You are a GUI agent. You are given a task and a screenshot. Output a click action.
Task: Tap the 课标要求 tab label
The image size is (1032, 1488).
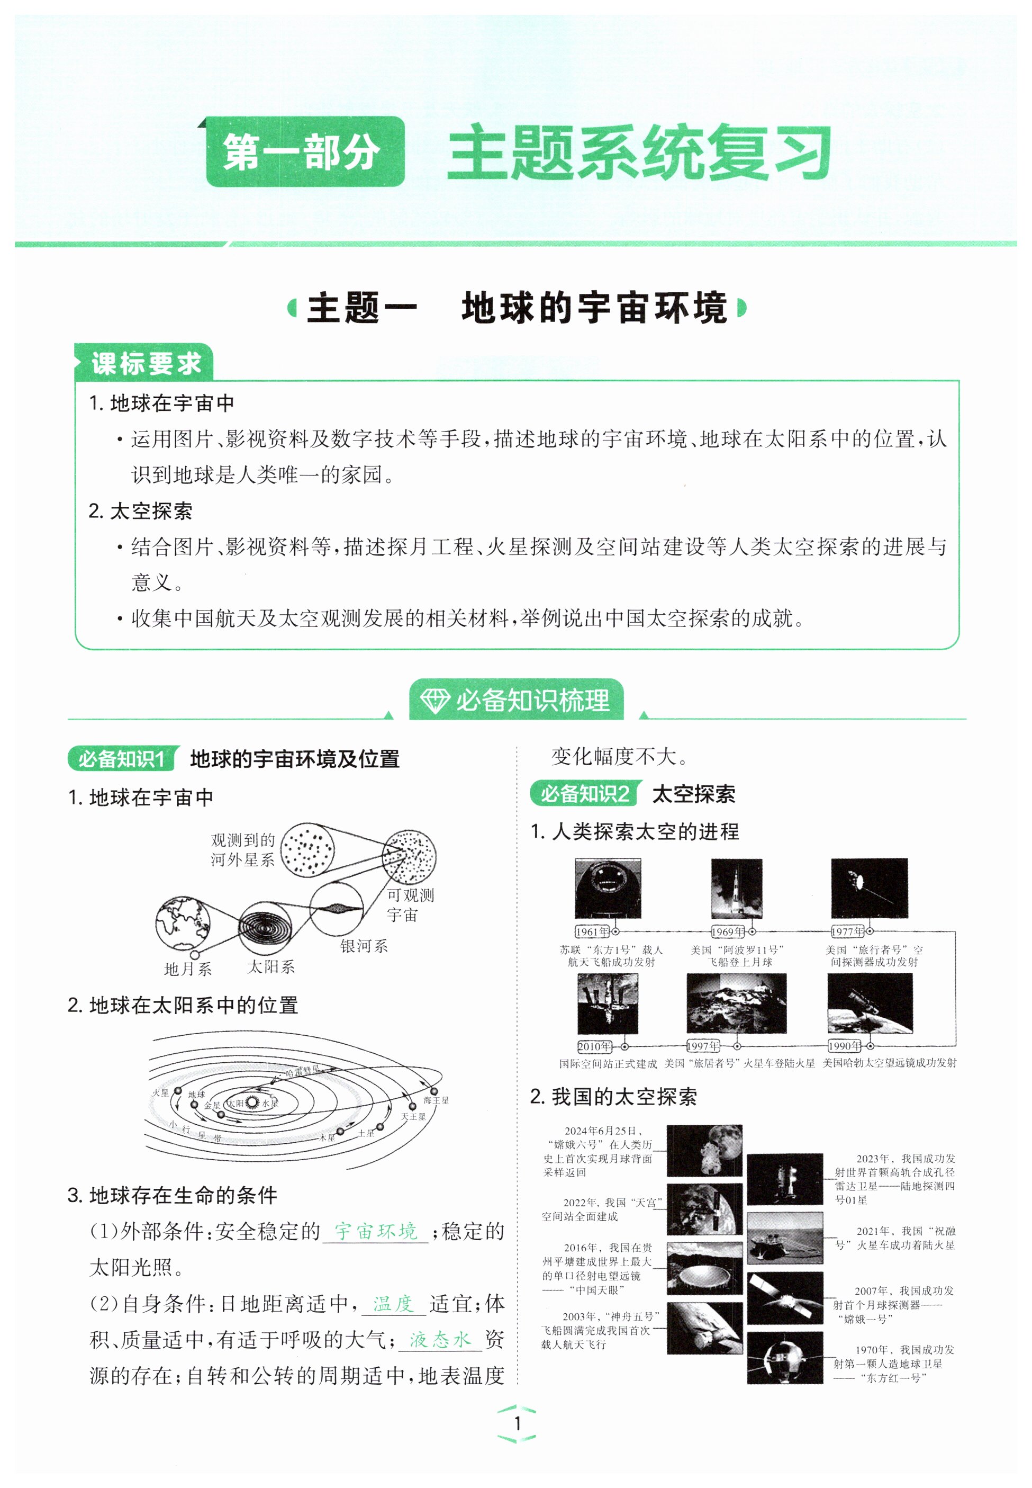pyautogui.click(x=146, y=364)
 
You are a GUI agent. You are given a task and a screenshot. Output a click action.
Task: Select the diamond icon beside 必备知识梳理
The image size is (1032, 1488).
pyautogui.click(x=434, y=700)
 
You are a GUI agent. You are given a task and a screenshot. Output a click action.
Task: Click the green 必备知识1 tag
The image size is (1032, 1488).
pyautogui.click(x=121, y=758)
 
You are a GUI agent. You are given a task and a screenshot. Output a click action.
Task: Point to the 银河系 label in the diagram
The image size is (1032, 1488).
pyautogui.click(x=364, y=946)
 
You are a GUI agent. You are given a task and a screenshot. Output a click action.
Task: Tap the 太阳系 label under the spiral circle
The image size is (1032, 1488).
pyautogui.click(x=271, y=966)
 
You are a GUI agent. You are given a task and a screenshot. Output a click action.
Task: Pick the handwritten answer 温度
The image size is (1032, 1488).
pyautogui.click(x=393, y=1303)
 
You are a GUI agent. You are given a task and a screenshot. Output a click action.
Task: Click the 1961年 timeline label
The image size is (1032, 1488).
pyautogui.click(x=592, y=931)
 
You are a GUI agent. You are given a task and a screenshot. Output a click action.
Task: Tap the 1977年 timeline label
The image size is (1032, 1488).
pyautogui.click(x=847, y=931)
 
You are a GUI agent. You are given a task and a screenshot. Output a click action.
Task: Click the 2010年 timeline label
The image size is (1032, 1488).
pyautogui.click(x=594, y=1046)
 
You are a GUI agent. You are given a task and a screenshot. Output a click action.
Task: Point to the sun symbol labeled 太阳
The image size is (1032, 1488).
pyautogui.click(x=252, y=1103)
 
